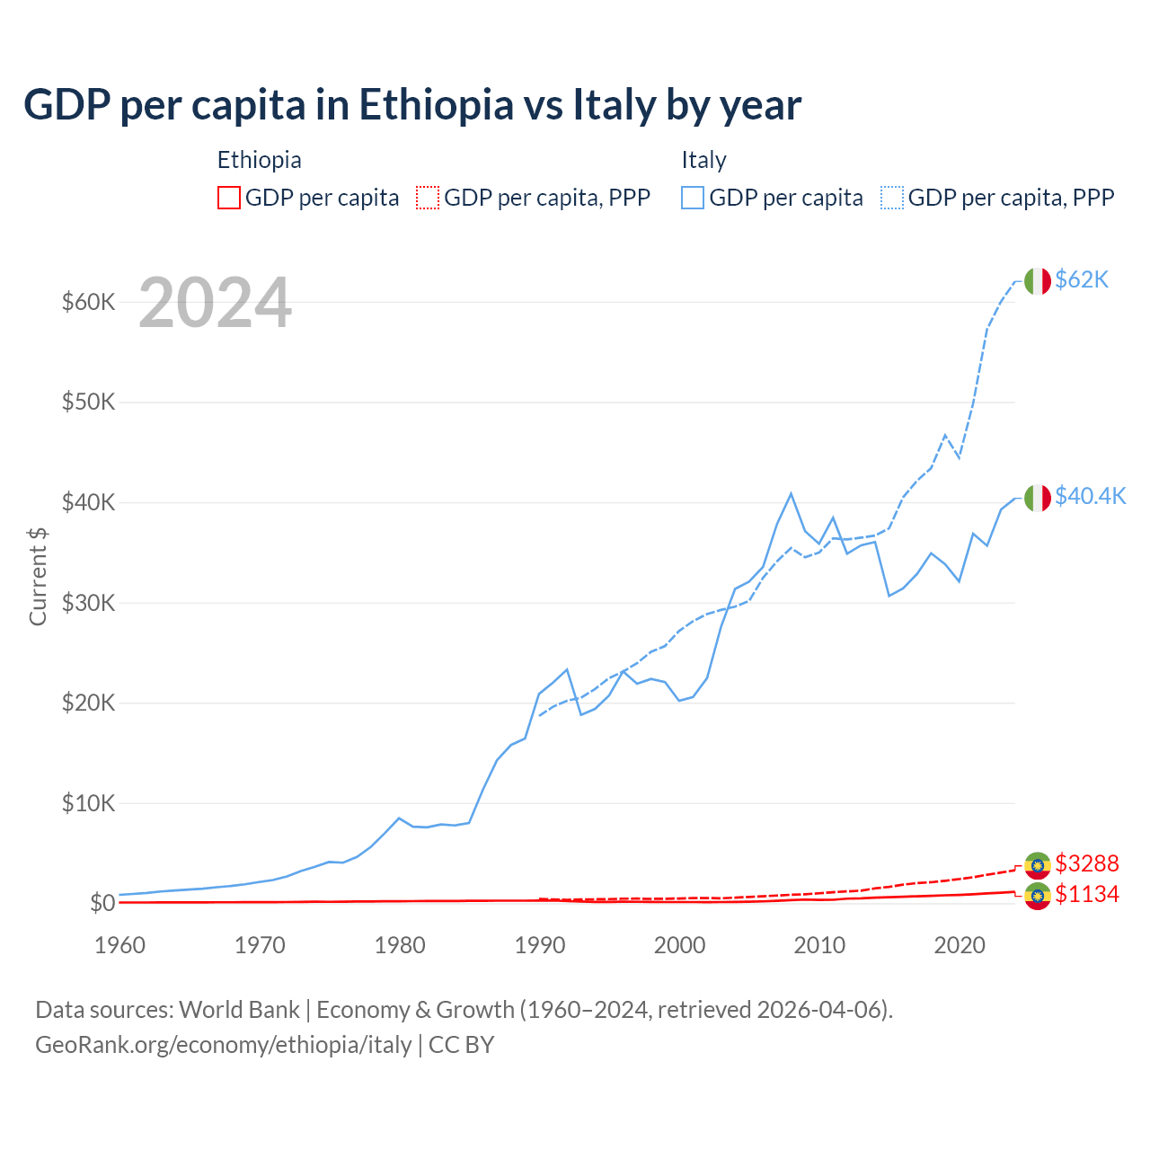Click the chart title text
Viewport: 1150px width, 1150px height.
[x=412, y=105]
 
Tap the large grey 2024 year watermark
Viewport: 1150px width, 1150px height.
[x=215, y=304]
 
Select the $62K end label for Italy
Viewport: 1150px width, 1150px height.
[x=1082, y=280]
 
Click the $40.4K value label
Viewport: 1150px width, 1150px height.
[x=1090, y=497]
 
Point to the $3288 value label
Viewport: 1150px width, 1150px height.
[x=1086, y=863]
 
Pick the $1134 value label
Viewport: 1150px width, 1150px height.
[x=1086, y=894]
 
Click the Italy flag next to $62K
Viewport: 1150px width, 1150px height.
[x=1038, y=281]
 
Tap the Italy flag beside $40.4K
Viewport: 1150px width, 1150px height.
[x=1038, y=498]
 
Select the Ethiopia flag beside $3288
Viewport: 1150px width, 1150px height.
[x=1038, y=864]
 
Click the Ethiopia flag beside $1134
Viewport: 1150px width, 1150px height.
[x=1038, y=895]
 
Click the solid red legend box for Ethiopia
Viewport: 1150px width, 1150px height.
[x=229, y=198]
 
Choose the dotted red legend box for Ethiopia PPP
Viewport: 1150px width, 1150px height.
[x=428, y=198]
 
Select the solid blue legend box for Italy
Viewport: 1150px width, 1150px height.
[x=693, y=198]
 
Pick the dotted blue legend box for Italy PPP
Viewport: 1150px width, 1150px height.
[x=892, y=198]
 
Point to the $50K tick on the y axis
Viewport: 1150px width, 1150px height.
[x=88, y=402]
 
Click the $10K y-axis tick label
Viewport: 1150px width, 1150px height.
[x=88, y=803]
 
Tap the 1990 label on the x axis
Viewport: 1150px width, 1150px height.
[x=540, y=945]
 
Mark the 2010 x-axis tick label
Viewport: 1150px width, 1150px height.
[x=820, y=945]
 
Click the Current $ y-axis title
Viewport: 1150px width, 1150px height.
[x=38, y=576]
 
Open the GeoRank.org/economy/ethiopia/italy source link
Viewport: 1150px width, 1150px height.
[x=223, y=1045]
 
